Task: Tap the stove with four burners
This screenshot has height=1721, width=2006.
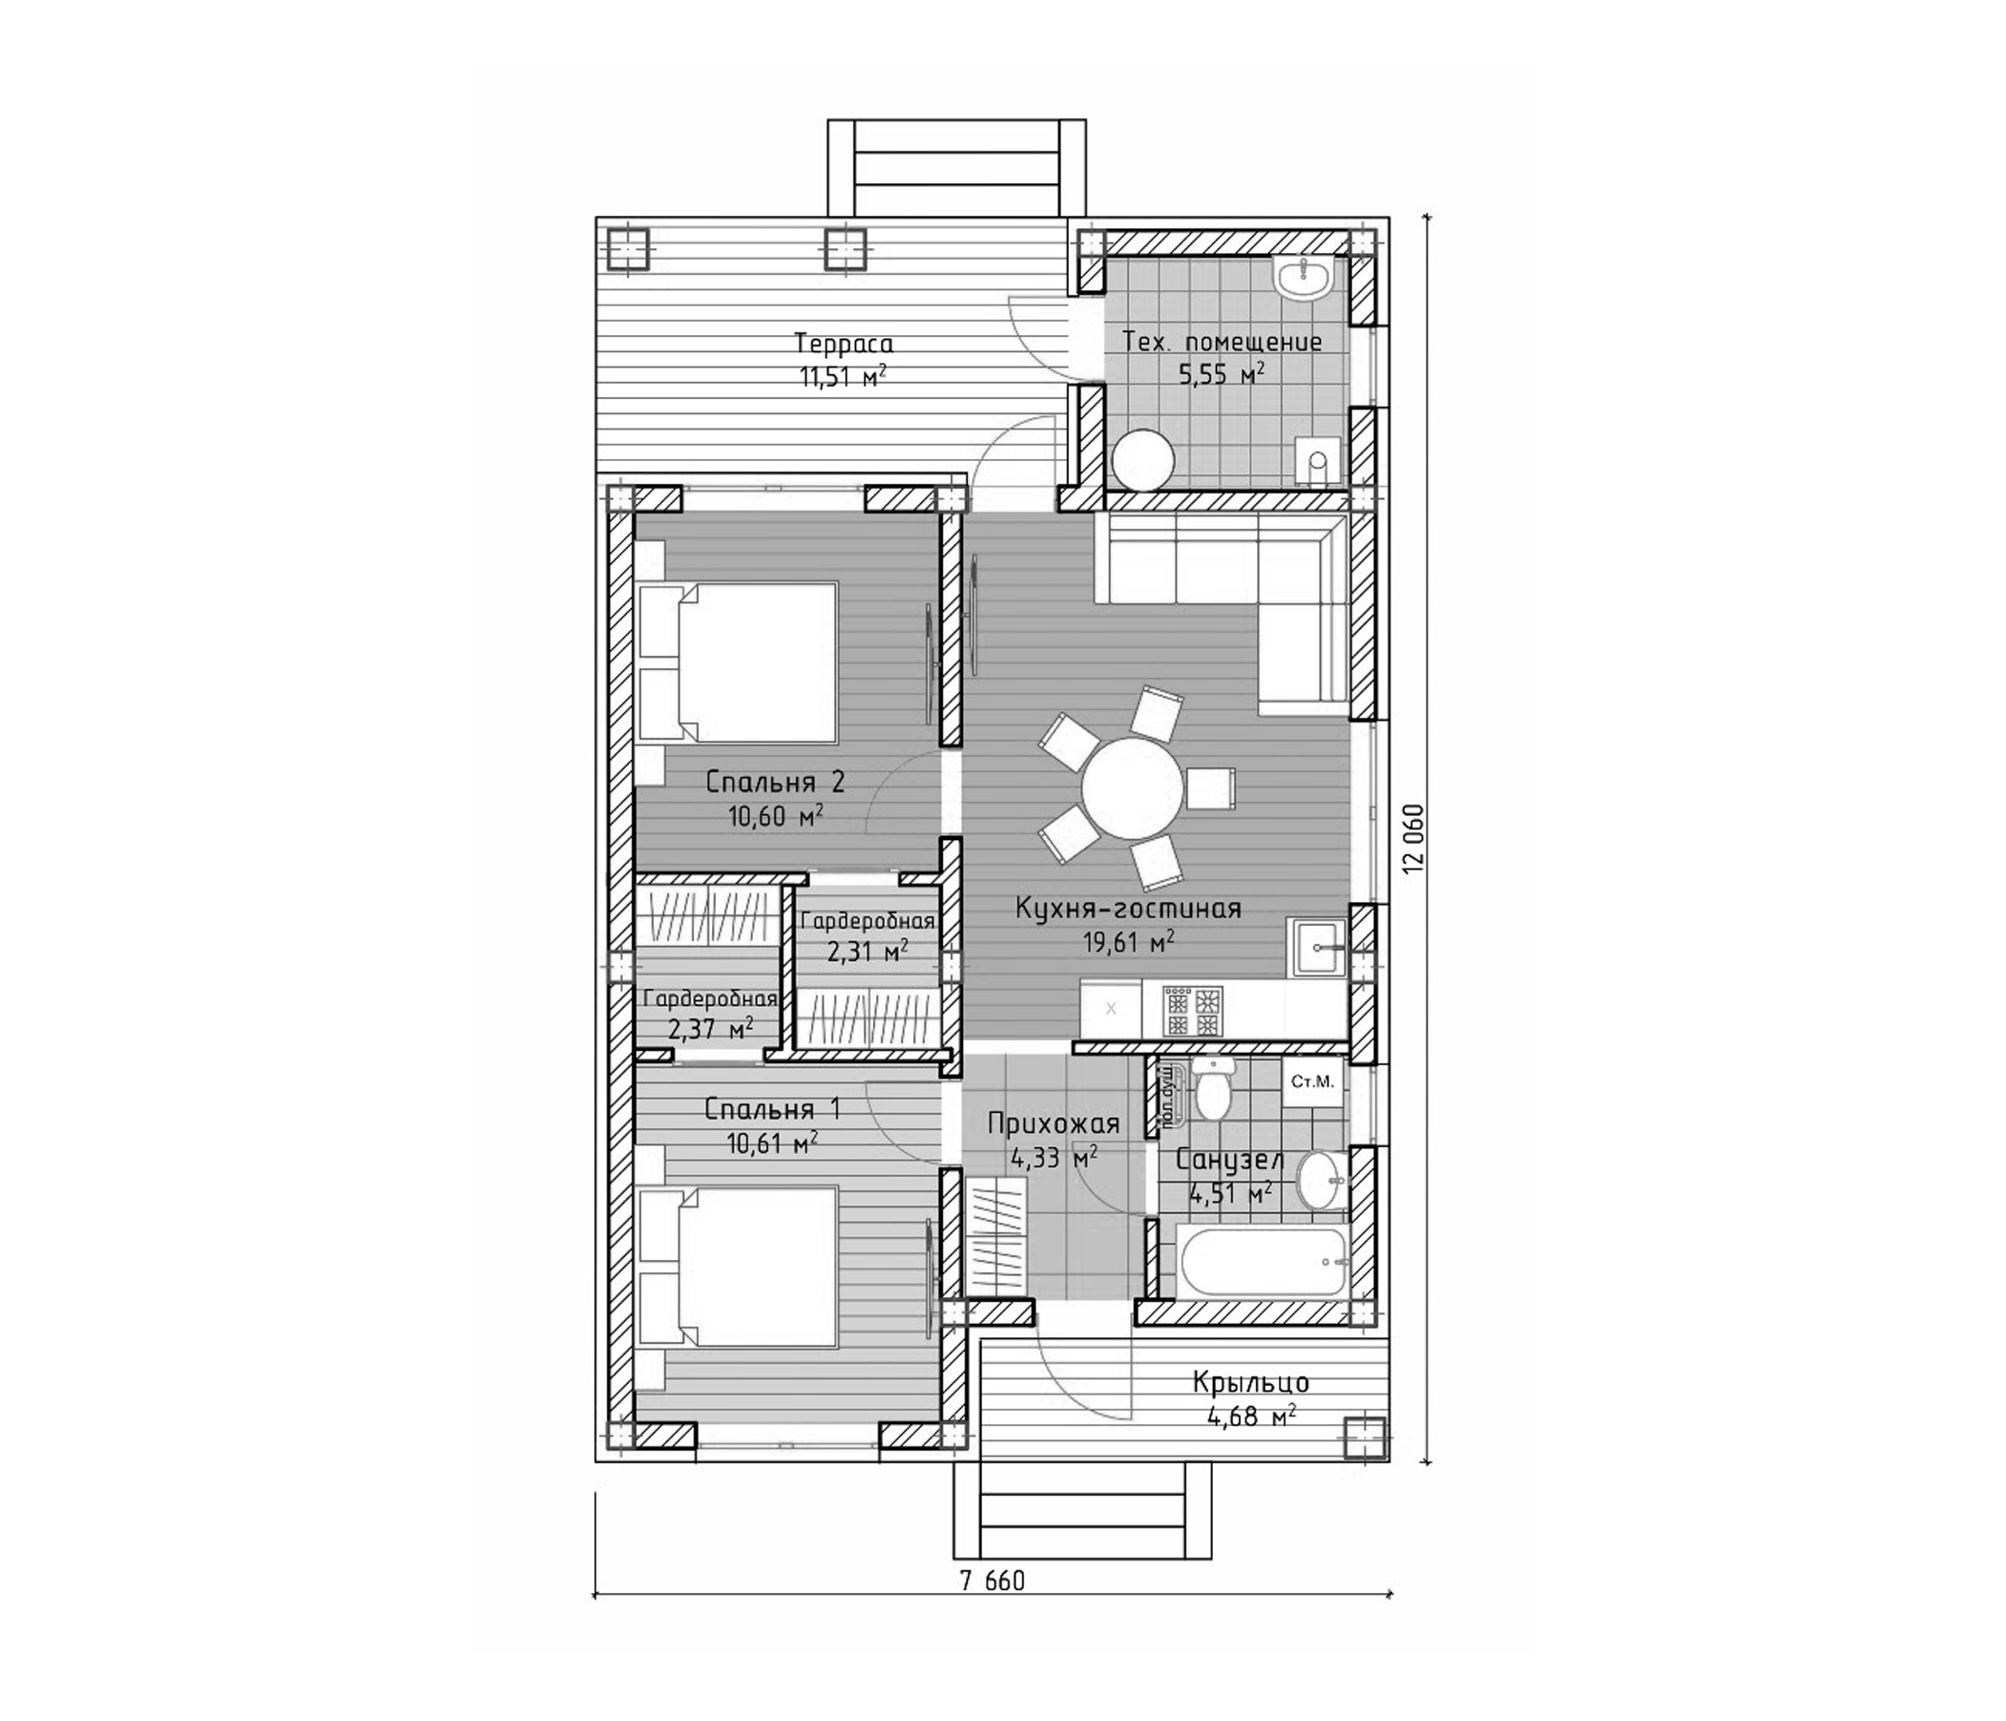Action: click(1192, 1012)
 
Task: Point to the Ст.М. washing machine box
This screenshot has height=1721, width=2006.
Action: click(1313, 1081)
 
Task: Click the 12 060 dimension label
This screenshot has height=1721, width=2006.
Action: click(1414, 839)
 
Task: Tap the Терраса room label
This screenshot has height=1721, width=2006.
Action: click(844, 344)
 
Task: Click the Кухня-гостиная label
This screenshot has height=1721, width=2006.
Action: click(1128, 909)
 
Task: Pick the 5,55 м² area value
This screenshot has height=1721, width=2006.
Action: click(1221, 374)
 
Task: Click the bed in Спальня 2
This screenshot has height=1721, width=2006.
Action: click(741, 662)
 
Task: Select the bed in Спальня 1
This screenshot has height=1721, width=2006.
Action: click(741, 1267)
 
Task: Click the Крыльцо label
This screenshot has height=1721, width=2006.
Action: click(1251, 1382)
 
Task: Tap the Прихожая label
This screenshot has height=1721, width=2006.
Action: click(1054, 1123)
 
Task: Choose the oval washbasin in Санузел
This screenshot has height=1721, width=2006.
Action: click(1321, 1180)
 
